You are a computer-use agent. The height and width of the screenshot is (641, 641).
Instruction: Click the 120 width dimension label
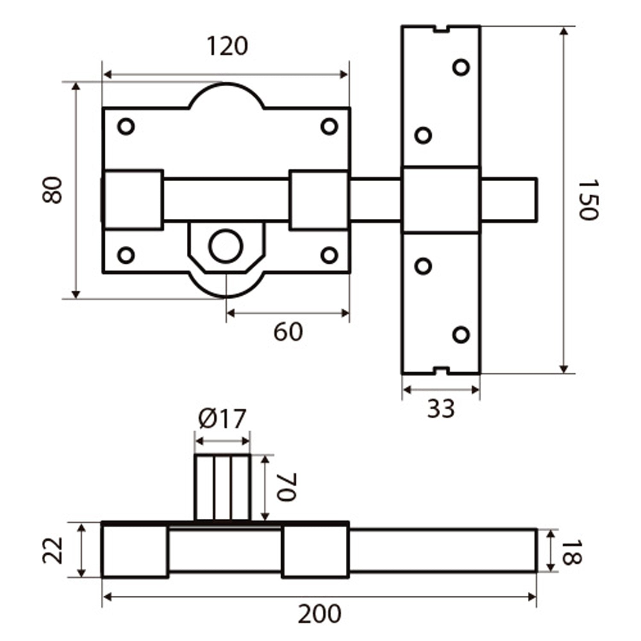tap(227, 46)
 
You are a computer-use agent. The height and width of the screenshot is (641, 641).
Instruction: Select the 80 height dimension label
tap(53, 190)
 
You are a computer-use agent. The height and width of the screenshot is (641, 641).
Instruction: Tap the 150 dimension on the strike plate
tap(588, 200)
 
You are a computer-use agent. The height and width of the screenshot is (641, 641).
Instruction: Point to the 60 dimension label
tap(288, 332)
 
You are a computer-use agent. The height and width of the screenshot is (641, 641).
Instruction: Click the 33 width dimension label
tap(441, 409)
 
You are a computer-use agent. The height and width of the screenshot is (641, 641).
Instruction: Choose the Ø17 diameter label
tap(222, 419)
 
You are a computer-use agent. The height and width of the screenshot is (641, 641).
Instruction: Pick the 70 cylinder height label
tap(286, 487)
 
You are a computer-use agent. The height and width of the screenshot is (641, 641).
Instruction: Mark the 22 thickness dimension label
tap(54, 550)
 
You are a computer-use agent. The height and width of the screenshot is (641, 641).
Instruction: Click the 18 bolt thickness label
tap(571, 553)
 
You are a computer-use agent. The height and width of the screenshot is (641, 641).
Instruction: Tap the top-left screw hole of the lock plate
tap(126, 126)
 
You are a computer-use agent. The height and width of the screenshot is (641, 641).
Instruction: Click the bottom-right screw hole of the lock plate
tap(329, 256)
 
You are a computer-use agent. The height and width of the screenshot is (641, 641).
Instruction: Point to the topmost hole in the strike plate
tap(461, 67)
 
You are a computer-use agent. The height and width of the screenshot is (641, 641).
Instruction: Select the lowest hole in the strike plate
tap(461, 335)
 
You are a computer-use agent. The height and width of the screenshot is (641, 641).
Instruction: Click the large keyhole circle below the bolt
tap(226, 246)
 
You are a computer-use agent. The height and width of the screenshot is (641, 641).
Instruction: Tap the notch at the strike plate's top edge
tap(441, 29)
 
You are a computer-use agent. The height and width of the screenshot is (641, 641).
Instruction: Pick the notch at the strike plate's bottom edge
tap(441, 370)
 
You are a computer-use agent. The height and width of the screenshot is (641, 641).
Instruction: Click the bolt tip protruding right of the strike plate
tap(509, 200)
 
